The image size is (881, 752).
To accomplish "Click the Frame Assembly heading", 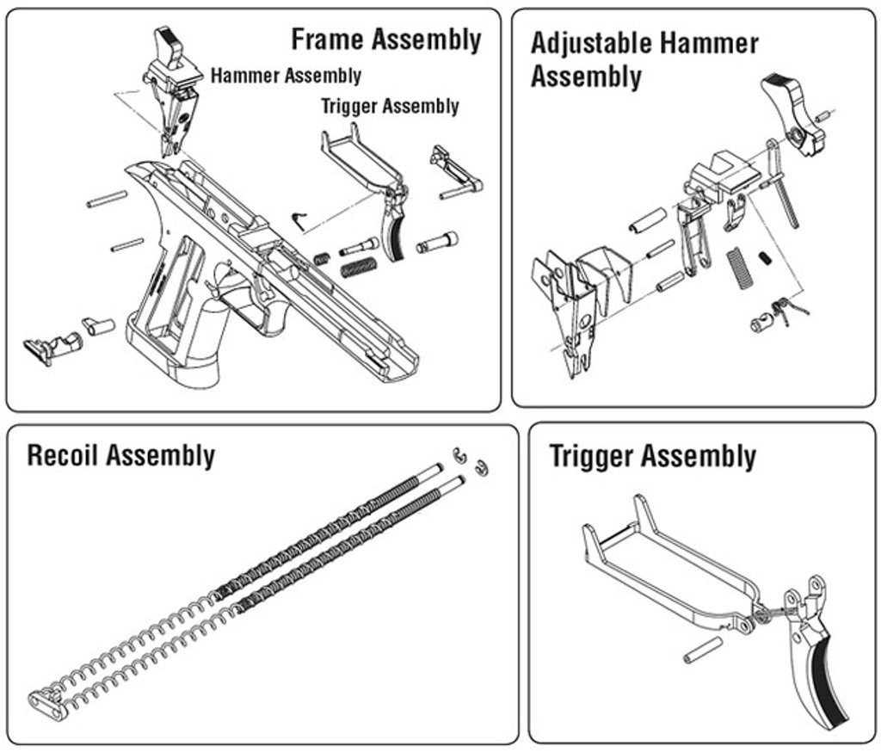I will [385, 40].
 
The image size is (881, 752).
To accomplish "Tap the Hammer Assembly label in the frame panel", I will [286, 76].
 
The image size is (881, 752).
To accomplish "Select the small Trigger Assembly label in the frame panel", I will [390, 107].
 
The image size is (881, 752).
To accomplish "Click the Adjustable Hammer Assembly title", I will [644, 59].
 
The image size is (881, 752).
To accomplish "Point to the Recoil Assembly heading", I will [120, 455].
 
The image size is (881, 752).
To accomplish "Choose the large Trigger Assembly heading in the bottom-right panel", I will [653, 457].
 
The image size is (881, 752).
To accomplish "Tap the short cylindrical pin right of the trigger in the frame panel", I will [437, 243].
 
